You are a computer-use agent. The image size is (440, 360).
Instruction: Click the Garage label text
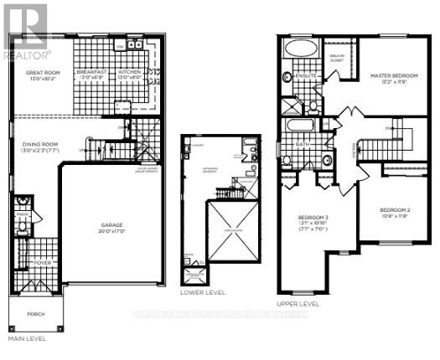(x=112, y=224)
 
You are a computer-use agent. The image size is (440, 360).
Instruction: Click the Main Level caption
(x=27, y=339)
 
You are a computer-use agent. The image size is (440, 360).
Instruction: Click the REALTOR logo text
(x=27, y=55)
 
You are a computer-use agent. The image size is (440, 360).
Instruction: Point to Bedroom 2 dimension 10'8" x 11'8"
(x=392, y=216)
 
